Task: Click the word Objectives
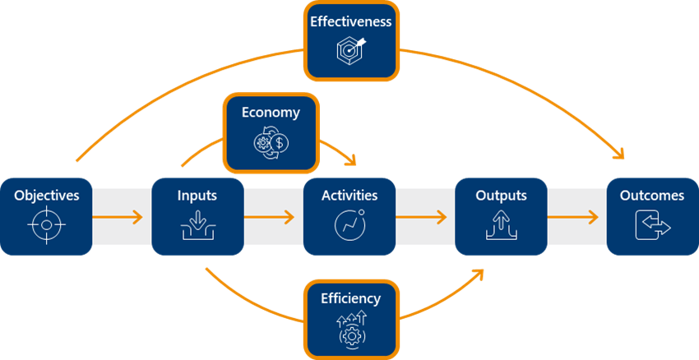(47, 196)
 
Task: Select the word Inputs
(197, 196)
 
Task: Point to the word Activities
(349, 196)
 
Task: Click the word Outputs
(501, 196)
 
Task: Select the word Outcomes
(652, 196)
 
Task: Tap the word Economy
(271, 113)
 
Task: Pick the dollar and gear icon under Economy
(271, 142)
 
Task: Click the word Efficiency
(351, 298)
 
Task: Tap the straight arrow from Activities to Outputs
(421, 218)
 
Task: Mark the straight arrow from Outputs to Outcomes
(572, 218)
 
